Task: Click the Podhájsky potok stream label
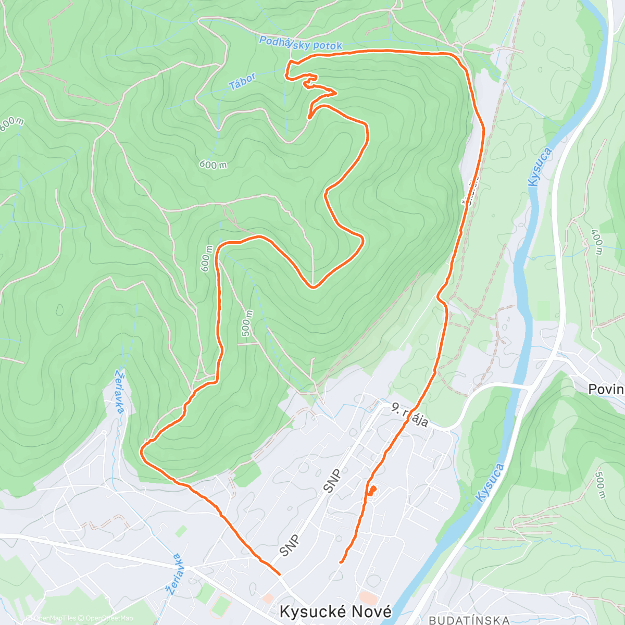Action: point(301,44)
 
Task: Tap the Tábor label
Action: point(242,82)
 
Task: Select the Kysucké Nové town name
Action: point(335,611)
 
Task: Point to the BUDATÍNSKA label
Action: point(469,620)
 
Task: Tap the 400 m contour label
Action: point(597,242)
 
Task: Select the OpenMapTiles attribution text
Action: point(55,618)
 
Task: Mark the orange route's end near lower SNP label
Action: point(280,574)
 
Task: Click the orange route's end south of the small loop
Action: point(341,562)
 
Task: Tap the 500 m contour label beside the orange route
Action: point(247,323)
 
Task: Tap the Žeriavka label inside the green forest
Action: point(120,391)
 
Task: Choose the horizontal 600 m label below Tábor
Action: point(213,165)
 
